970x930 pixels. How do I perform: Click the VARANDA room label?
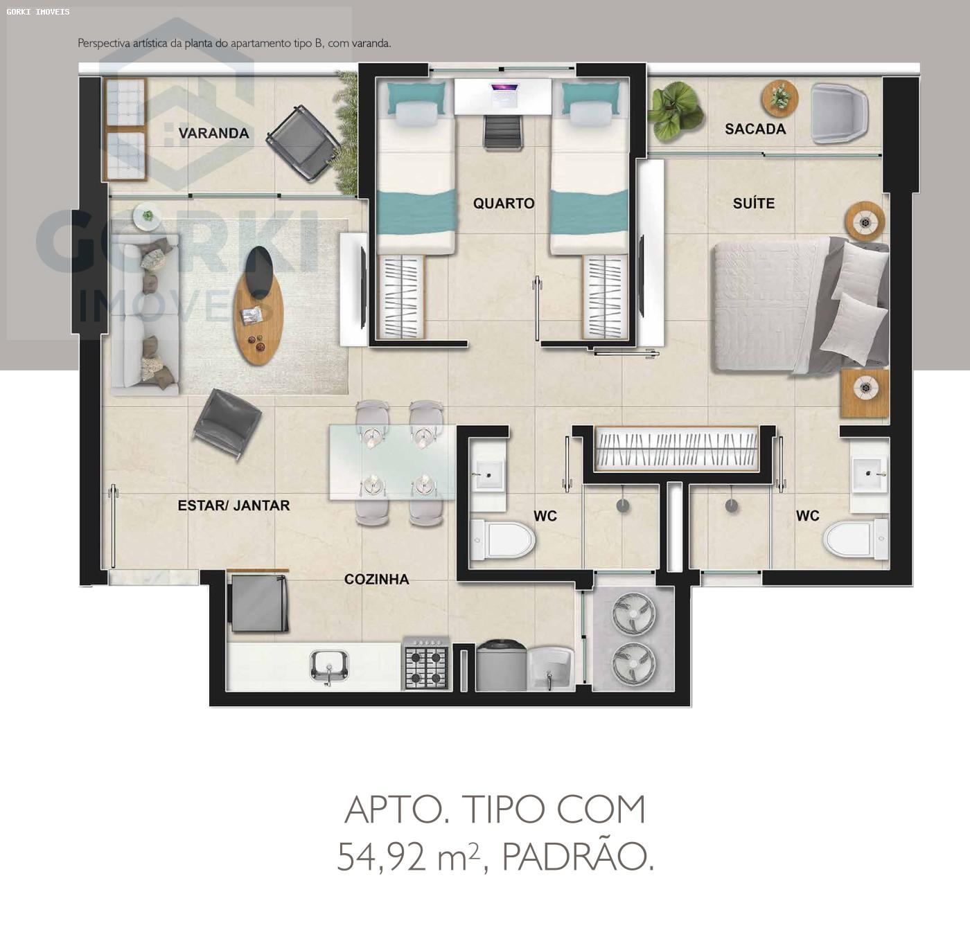click(214, 133)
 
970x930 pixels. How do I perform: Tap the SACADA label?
click(755, 129)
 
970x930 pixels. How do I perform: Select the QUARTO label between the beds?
click(504, 203)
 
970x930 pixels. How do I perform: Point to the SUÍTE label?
click(754, 203)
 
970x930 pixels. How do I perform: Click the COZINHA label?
click(376, 579)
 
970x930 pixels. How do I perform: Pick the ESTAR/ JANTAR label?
click(233, 506)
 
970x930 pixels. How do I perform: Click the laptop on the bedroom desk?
click(504, 94)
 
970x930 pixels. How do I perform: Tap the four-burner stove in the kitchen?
click(426, 664)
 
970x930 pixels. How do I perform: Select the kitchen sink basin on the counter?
click(329, 666)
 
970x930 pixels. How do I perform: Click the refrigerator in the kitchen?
click(258, 602)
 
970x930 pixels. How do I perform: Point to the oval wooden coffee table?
click(259, 305)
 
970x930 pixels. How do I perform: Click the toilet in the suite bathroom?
click(856, 539)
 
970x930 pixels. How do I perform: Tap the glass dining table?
click(392, 462)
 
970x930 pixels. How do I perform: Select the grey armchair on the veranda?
click(303, 143)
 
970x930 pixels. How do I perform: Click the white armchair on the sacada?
click(839, 113)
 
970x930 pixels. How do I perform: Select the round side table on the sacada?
click(779, 98)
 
